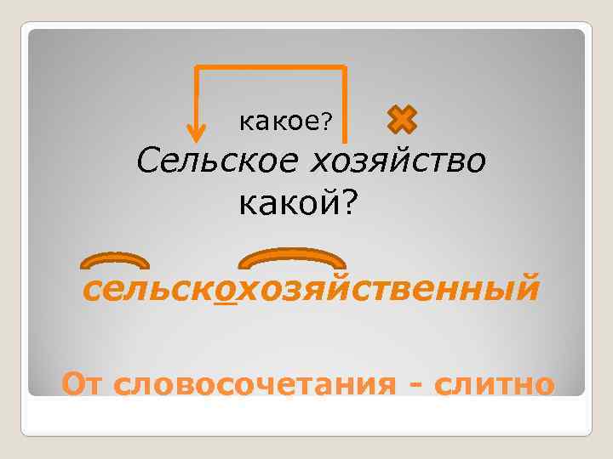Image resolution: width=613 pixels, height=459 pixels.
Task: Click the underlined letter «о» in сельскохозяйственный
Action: [x=226, y=289]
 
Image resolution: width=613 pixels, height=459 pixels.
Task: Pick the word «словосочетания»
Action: [x=253, y=384]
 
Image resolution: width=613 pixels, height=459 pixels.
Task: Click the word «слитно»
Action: [x=493, y=384]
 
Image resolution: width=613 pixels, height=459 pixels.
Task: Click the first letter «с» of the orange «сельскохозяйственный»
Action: [x=91, y=290]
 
